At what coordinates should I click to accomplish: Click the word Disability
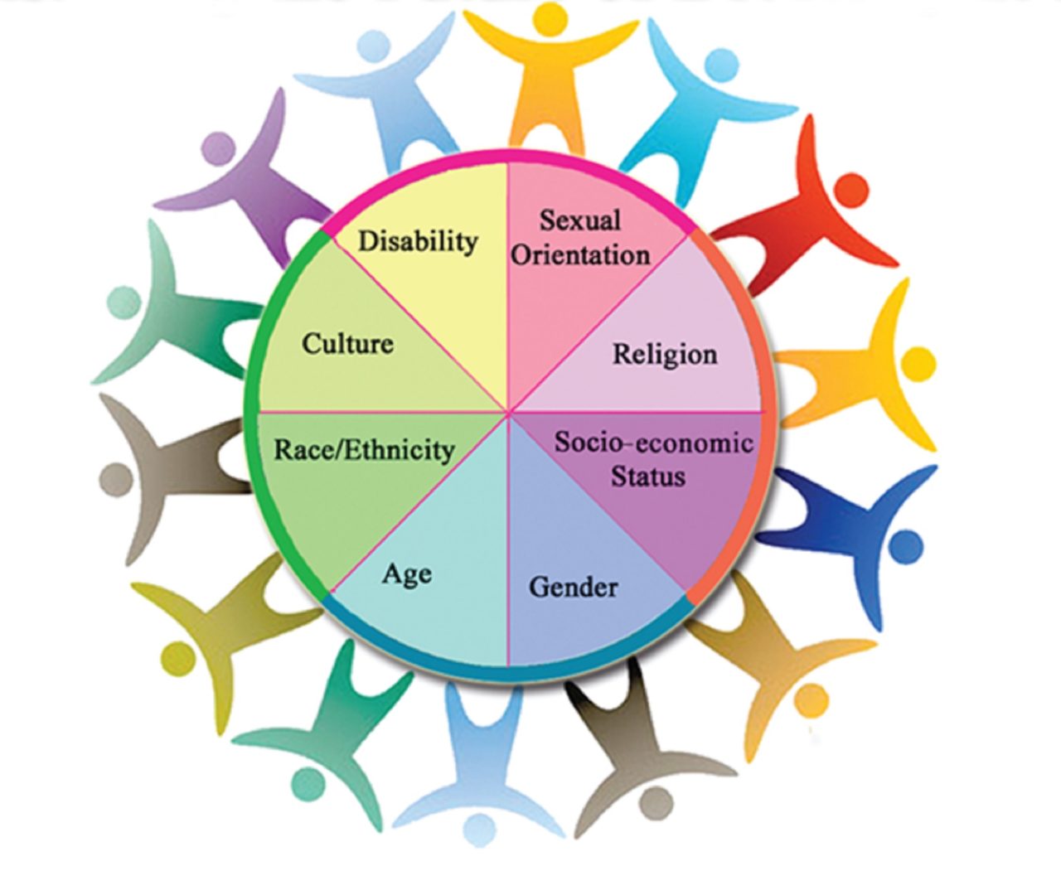click(x=418, y=242)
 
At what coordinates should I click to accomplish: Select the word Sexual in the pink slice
click(x=580, y=220)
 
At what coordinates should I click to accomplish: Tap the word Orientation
click(x=580, y=254)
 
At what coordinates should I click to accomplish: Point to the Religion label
click(x=665, y=355)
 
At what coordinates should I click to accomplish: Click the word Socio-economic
click(x=653, y=443)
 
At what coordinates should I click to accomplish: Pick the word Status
click(x=648, y=476)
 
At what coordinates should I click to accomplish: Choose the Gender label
click(x=574, y=587)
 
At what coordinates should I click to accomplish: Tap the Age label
click(x=406, y=574)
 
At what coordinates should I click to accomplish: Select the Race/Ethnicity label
click(x=364, y=449)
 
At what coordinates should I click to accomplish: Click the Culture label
click(x=347, y=344)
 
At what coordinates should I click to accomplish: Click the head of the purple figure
click(x=218, y=148)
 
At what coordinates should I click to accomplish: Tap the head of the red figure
click(x=851, y=190)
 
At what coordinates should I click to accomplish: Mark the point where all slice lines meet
click(x=508, y=413)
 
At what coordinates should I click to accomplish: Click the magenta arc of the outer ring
click(x=507, y=156)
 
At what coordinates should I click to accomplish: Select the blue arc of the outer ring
click(x=508, y=674)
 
